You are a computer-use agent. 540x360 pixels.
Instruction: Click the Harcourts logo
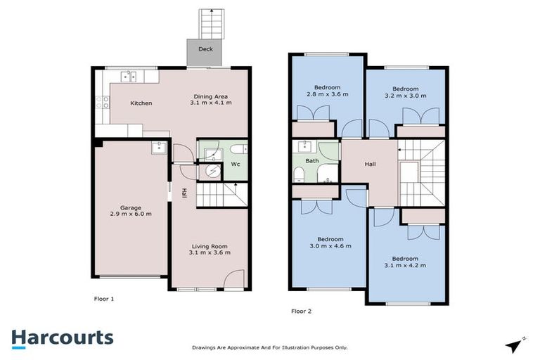(x=62, y=337)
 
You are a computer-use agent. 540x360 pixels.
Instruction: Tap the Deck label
(x=205, y=49)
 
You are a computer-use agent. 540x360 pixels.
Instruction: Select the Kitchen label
(x=141, y=103)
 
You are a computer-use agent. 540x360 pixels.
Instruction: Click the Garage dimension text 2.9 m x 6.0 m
(x=130, y=214)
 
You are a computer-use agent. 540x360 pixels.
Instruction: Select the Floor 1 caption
(x=104, y=299)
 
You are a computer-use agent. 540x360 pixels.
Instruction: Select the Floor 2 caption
(x=301, y=310)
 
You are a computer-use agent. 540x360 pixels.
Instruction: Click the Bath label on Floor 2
(x=312, y=161)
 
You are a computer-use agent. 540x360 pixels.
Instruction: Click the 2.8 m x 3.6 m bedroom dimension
(x=327, y=94)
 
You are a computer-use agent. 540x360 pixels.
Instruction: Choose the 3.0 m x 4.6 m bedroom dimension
(x=330, y=246)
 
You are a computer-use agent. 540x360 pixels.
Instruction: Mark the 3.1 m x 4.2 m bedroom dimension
(x=406, y=266)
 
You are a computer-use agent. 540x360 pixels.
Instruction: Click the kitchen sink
(x=128, y=77)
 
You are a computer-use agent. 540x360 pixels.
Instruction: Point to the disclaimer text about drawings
(x=270, y=347)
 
